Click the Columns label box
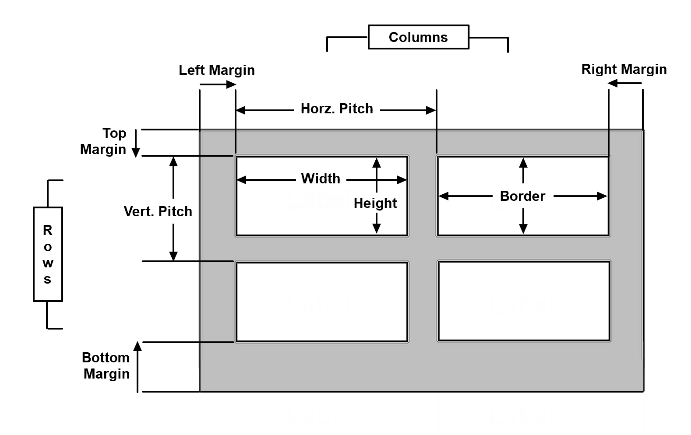click(x=418, y=37)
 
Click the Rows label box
click(x=48, y=254)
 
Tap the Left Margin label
click(x=216, y=70)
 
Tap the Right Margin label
click(x=624, y=69)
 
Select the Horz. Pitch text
click(x=337, y=109)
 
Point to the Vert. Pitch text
click(x=158, y=211)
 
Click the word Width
click(x=321, y=179)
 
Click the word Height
click(x=375, y=203)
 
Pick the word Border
click(x=522, y=196)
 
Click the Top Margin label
click(x=104, y=141)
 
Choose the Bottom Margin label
click(x=106, y=365)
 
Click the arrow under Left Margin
click(x=218, y=84)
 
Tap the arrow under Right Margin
click(x=625, y=83)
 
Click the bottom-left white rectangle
click(x=322, y=302)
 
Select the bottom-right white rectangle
click(x=524, y=301)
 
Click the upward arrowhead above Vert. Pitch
click(x=173, y=162)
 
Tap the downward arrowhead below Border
click(x=523, y=228)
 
